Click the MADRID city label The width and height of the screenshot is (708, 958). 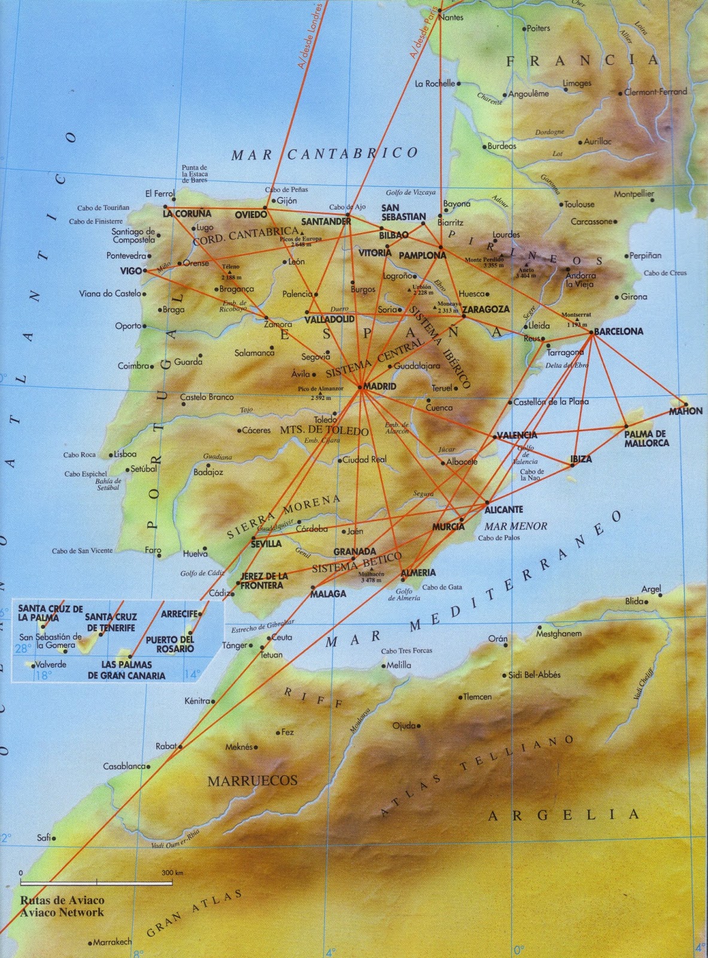point(380,387)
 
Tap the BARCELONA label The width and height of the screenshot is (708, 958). point(619,331)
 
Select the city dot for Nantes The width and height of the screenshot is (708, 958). point(440,10)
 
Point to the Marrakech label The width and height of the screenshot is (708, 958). point(113,942)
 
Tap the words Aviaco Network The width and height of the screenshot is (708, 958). point(62,912)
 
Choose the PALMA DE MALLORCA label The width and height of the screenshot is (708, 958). point(646,438)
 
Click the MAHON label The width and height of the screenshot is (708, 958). point(686,411)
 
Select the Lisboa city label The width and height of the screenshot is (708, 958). point(125,454)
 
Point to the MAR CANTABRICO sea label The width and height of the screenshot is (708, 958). point(324,154)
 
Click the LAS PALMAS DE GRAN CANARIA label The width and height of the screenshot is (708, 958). point(126,670)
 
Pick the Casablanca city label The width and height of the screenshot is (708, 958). point(124,766)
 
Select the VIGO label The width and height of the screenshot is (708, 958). point(130,271)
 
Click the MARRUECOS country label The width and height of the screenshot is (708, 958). point(252,780)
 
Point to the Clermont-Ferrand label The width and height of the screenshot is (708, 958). point(655,92)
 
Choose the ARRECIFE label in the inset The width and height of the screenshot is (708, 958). point(179,614)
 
